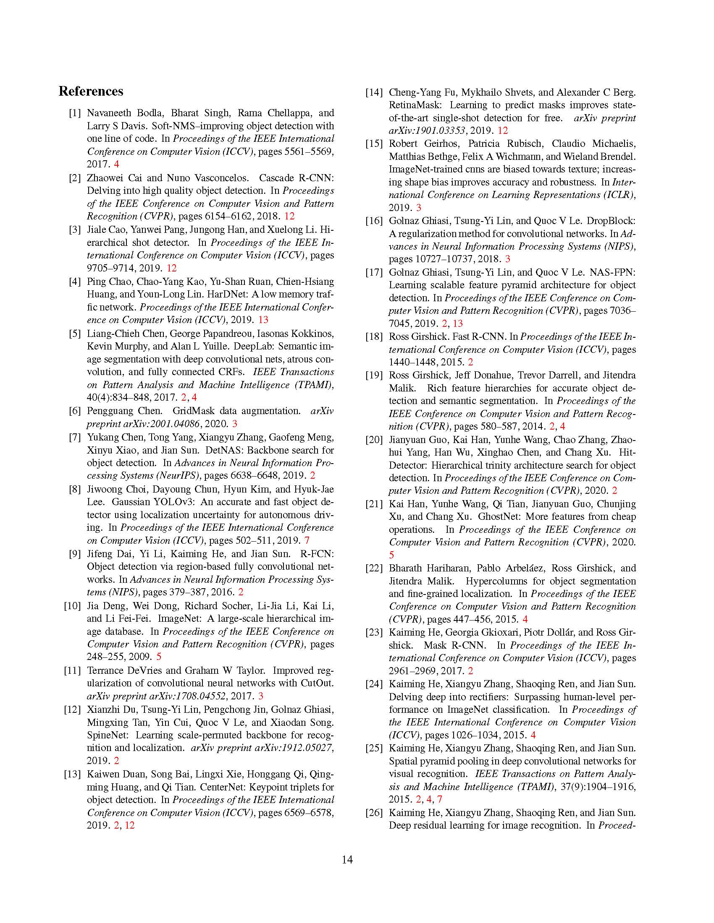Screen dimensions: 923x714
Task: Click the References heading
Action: (x=91, y=91)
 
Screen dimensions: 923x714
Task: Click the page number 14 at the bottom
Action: (x=347, y=860)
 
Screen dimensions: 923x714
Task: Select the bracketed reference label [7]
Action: (x=74, y=437)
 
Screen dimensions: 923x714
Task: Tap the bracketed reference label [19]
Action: (x=374, y=375)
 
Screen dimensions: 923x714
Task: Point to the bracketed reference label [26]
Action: (x=374, y=813)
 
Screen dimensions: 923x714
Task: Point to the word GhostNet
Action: (x=499, y=517)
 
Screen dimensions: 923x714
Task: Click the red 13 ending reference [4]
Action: (x=263, y=320)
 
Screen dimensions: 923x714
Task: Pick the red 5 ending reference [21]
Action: (x=391, y=555)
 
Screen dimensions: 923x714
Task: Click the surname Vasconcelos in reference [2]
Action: (x=201, y=177)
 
